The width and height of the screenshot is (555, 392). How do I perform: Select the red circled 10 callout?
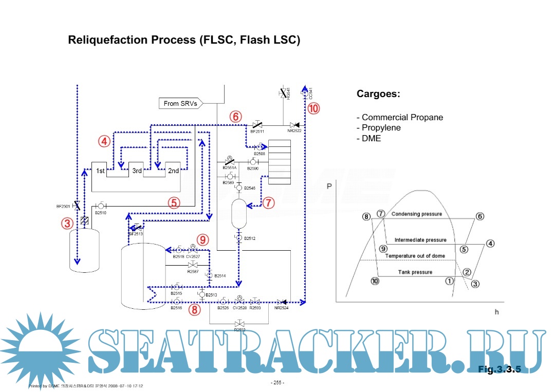313,108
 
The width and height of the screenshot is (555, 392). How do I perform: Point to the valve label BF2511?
257,132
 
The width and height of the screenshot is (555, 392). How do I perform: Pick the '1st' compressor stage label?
100,171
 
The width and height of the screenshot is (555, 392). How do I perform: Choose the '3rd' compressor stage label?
137,171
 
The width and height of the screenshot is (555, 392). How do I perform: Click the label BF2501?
63,207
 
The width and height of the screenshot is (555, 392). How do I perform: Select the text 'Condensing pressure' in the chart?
416,214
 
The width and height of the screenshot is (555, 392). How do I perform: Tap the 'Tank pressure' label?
415,272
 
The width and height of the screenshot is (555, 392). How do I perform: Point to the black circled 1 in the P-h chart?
449,281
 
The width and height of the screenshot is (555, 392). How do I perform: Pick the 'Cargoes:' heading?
378,95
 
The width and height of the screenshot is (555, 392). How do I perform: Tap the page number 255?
277,383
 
